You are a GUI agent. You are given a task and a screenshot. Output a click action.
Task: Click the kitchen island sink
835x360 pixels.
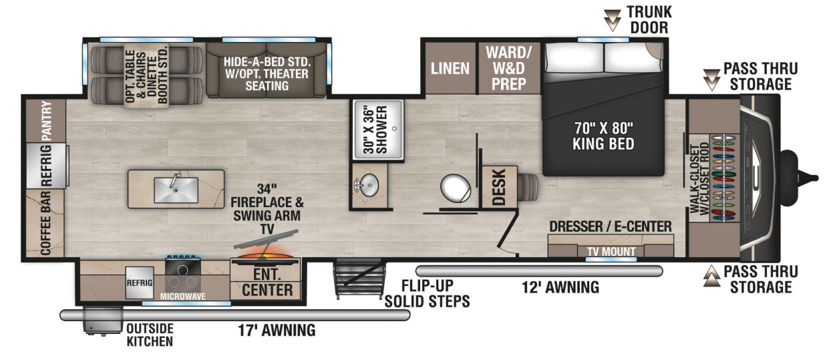[x=176, y=190]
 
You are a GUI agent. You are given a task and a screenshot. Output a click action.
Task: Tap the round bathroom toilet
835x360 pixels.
[x=456, y=188]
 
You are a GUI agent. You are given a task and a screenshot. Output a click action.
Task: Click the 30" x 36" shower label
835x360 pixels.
[x=375, y=130]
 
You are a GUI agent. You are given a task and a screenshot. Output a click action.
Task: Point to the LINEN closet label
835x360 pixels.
[x=450, y=69]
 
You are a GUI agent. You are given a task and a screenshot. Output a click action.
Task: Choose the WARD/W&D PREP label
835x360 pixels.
[x=508, y=68]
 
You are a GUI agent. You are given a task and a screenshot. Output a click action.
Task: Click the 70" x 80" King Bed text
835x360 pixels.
[x=603, y=136]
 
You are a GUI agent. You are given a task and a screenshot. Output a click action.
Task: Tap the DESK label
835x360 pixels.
[x=499, y=187]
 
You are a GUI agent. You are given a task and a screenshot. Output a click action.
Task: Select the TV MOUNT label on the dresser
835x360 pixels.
[x=611, y=252]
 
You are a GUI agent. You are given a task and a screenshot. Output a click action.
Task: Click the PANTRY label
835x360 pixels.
[x=47, y=120]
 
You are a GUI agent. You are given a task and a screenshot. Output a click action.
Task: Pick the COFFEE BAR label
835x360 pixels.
[x=45, y=223]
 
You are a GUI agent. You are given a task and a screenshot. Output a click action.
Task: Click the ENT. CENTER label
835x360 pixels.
[x=267, y=283]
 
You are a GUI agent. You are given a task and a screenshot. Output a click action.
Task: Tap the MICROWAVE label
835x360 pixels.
[x=182, y=297]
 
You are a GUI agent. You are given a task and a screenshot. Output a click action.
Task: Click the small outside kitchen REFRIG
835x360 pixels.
[x=140, y=283]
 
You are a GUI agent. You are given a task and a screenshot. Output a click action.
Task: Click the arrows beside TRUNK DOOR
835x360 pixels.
[x=612, y=20]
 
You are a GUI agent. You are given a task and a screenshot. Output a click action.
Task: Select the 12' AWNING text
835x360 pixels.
[x=560, y=287]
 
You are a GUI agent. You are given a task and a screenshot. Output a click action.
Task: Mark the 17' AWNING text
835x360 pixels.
[x=277, y=331]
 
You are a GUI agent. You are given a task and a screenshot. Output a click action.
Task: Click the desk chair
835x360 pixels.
[x=527, y=187]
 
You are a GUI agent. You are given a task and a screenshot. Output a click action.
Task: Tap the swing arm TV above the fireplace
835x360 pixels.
[x=266, y=239]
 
